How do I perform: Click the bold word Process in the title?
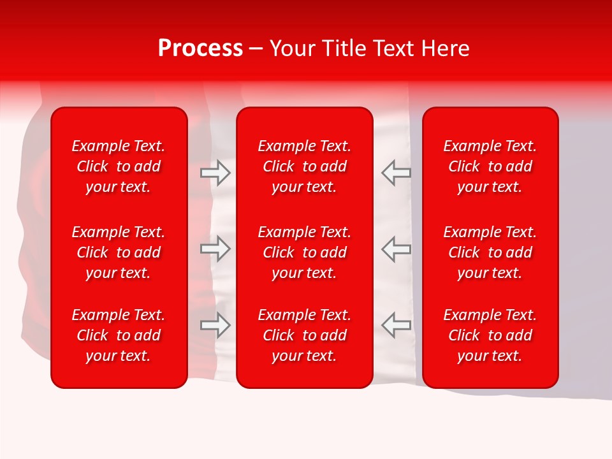200,48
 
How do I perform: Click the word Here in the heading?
446,48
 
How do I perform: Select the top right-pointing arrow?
215,173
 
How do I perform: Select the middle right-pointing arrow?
215,249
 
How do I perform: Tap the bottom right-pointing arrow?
215,325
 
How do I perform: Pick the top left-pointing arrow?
397,173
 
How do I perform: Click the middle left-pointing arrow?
397,249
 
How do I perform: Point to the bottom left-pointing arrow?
397,325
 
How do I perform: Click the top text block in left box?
119,166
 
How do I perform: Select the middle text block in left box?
119,252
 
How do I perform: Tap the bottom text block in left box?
119,335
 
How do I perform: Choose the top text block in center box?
304,166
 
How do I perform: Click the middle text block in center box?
304,252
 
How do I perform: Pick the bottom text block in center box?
304,335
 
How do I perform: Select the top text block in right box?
490,166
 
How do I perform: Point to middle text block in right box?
490,252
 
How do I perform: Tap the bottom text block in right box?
490,335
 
